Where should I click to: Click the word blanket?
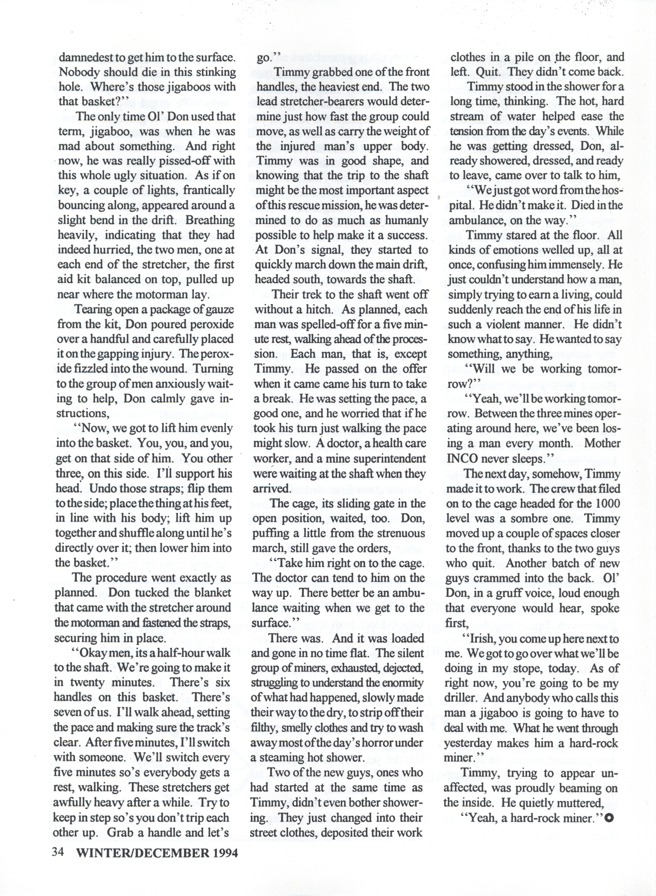tap(212, 593)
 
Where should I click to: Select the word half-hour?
tap(184, 653)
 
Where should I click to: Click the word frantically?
tap(209, 190)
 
